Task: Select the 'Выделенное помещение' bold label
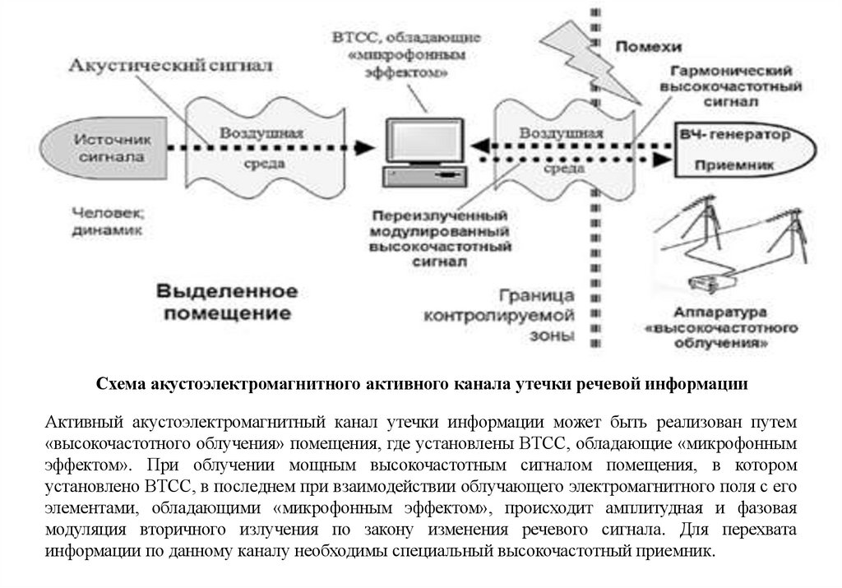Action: click(x=226, y=302)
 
